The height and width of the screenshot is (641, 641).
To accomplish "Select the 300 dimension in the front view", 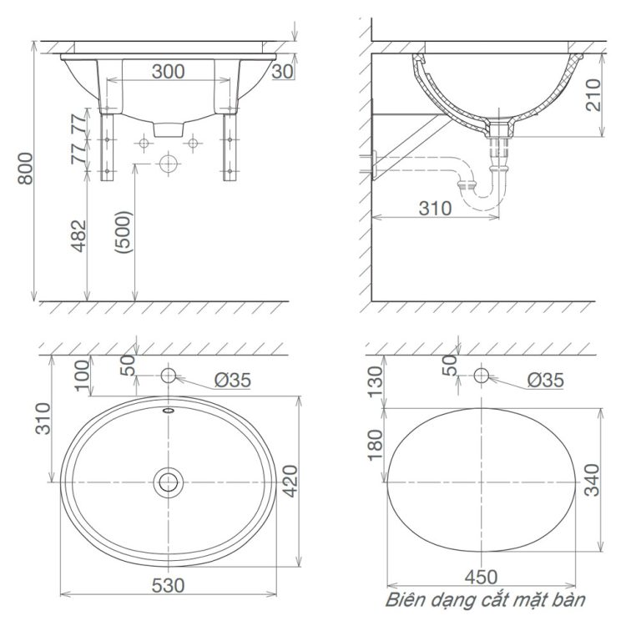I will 168,72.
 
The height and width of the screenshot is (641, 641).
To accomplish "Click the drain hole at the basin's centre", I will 168,481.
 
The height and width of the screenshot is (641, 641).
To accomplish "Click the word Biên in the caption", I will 404,600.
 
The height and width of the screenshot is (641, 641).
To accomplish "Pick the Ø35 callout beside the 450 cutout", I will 545,381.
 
